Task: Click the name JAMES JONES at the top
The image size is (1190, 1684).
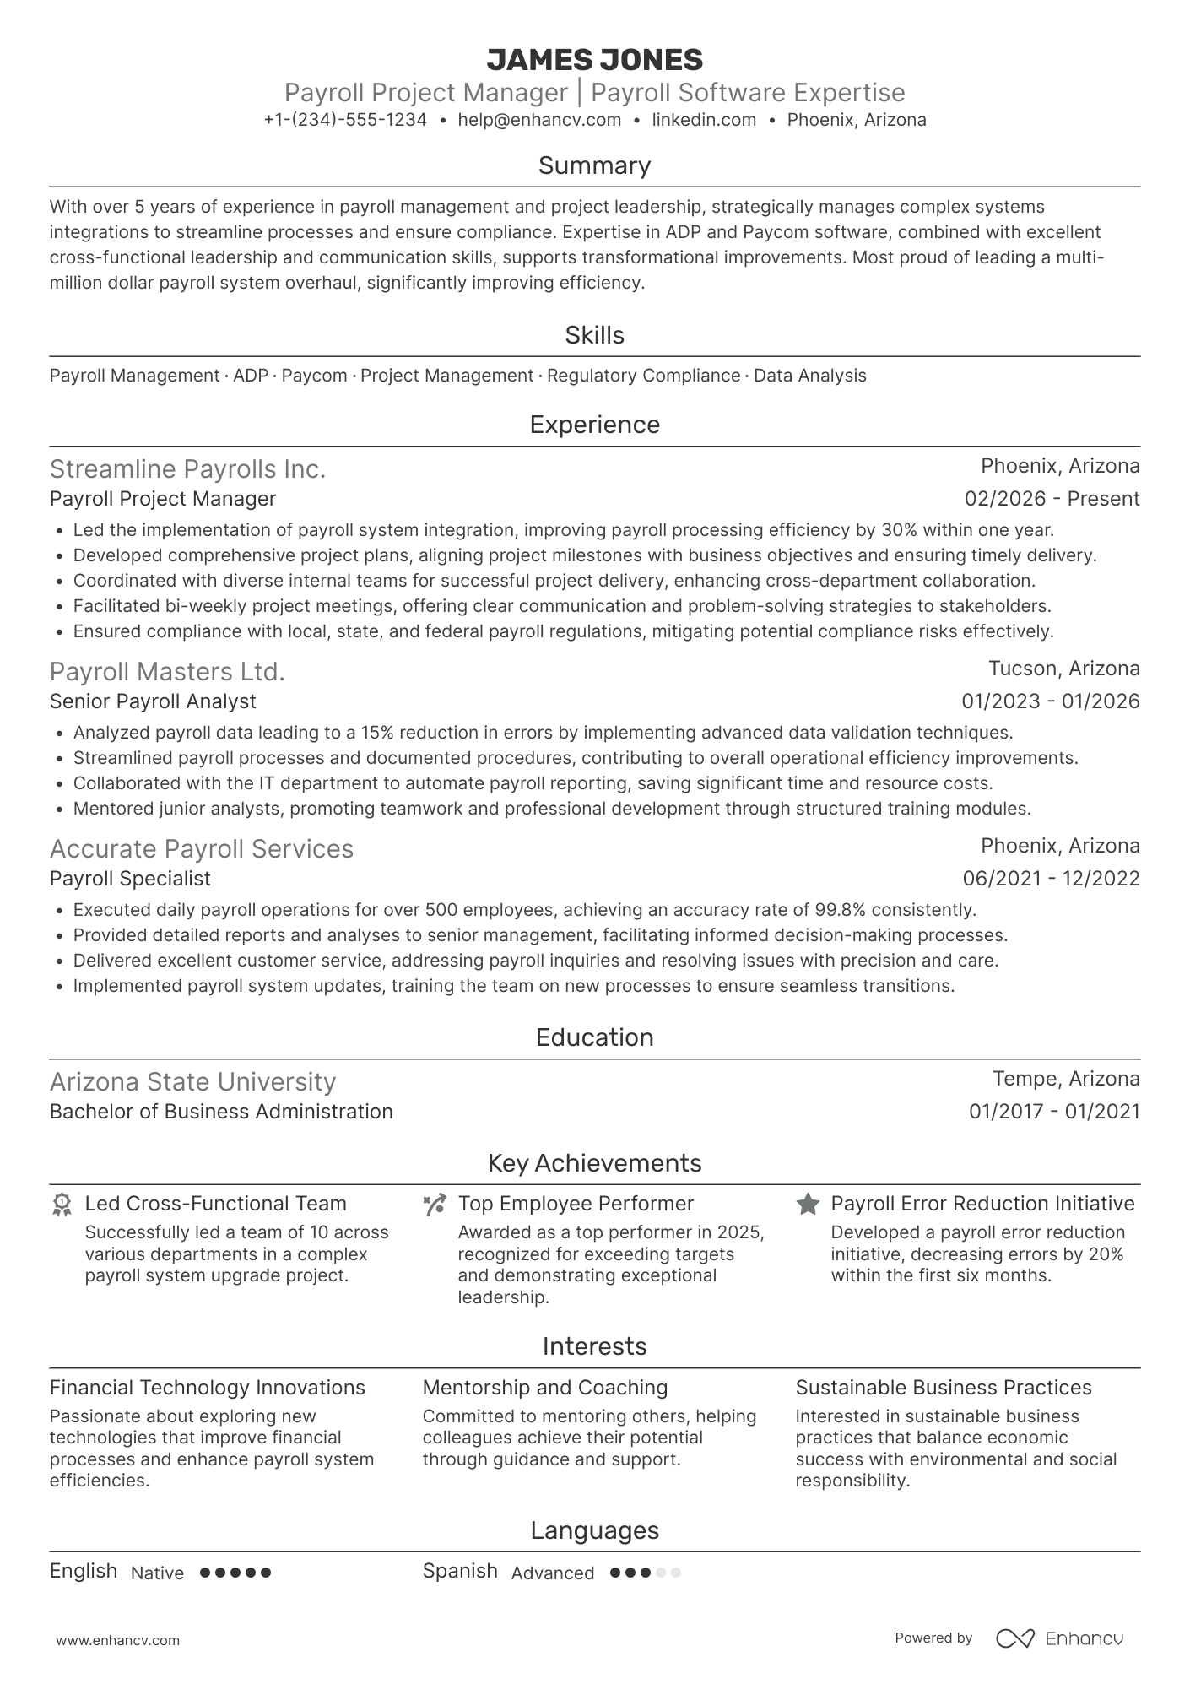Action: click(x=594, y=60)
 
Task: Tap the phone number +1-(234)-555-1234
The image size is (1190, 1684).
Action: click(x=344, y=120)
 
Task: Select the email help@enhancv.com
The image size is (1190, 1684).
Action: click(x=539, y=120)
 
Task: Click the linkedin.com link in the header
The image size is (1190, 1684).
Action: click(x=704, y=120)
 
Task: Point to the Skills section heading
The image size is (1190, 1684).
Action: click(x=594, y=335)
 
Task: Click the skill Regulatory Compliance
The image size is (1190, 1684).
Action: click(x=643, y=376)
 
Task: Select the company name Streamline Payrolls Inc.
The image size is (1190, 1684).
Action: click(x=187, y=468)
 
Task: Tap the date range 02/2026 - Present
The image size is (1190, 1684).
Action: click(x=1052, y=499)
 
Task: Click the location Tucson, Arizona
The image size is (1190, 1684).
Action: click(x=1063, y=669)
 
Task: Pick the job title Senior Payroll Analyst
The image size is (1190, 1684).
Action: click(x=153, y=701)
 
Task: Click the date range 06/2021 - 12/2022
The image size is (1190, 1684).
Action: click(x=1051, y=879)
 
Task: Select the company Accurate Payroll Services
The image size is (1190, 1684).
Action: click(x=201, y=848)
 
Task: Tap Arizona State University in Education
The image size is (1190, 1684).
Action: click(x=192, y=1081)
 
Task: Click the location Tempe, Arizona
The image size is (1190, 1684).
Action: click(x=1065, y=1079)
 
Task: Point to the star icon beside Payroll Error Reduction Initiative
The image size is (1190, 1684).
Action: click(x=808, y=1205)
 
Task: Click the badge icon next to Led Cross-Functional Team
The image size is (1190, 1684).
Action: click(x=62, y=1205)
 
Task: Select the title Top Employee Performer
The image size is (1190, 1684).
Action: click(x=576, y=1204)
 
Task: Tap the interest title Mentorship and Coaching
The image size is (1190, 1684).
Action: click(x=544, y=1388)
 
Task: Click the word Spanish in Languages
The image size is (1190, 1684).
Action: click(x=460, y=1571)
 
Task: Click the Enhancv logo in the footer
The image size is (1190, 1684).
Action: click(x=1059, y=1638)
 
